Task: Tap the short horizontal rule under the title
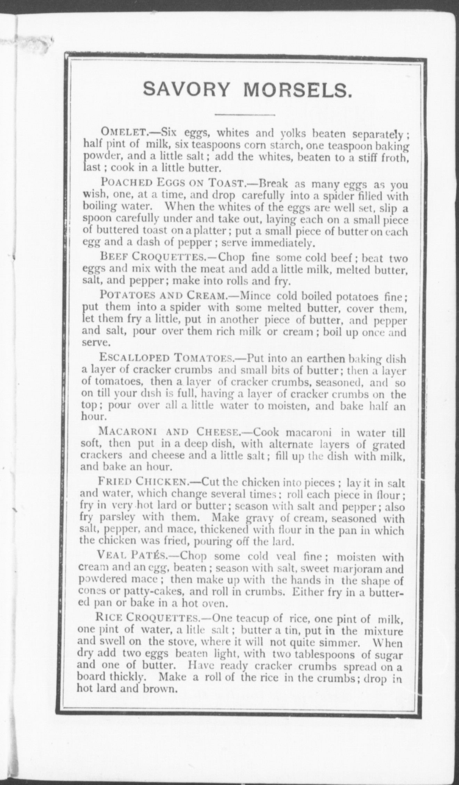pyautogui.click(x=245, y=114)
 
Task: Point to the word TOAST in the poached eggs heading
pyautogui.click(x=227, y=183)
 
